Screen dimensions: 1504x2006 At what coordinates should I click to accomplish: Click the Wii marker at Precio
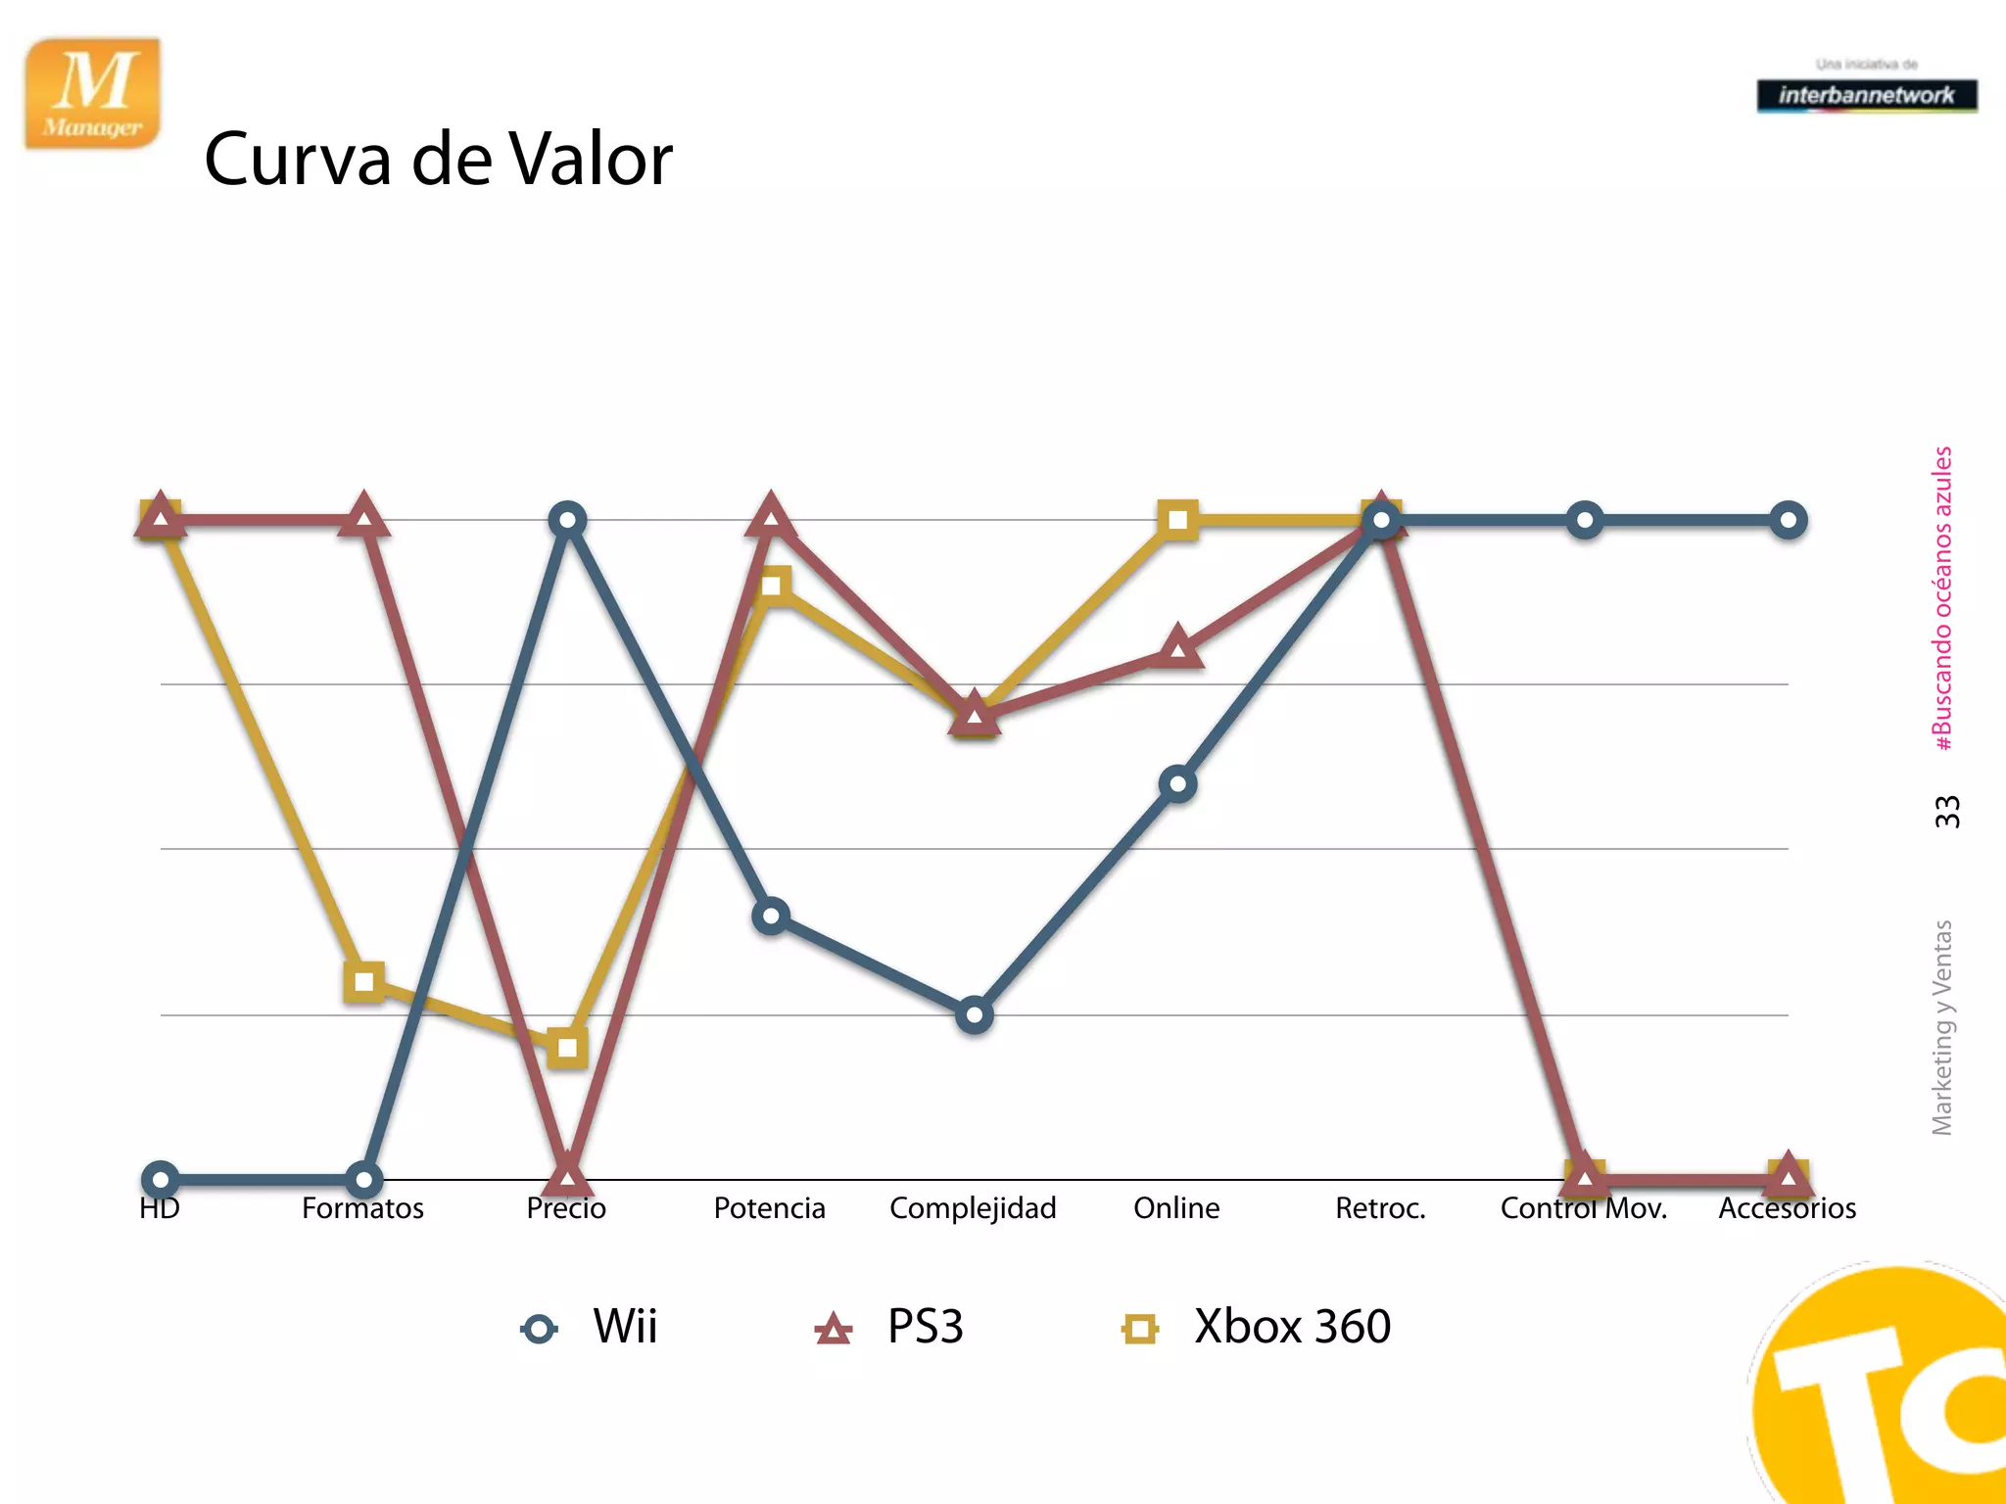click(x=568, y=520)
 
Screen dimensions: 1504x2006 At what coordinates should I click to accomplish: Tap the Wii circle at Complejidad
click(x=974, y=1015)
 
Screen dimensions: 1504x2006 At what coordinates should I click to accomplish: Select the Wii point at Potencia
click(x=771, y=916)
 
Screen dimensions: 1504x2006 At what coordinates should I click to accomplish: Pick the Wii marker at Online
click(x=1177, y=784)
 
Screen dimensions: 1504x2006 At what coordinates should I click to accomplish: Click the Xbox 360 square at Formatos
click(x=364, y=981)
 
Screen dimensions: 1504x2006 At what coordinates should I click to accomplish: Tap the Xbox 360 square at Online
click(x=1177, y=520)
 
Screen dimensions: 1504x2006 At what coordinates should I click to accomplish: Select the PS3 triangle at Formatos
click(x=363, y=516)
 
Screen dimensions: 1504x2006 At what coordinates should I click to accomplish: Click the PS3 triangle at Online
click(x=1177, y=649)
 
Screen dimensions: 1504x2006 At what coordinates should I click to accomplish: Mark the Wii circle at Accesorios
click(x=1788, y=520)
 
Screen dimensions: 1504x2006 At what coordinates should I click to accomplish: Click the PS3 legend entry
click(x=889, y=1328)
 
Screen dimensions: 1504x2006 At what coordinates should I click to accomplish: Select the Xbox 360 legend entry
click(x=1257, y=1328)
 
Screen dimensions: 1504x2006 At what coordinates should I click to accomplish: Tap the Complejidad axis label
click(x=973, y=1208)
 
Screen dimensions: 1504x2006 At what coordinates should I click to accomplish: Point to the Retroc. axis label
click(x=1380, y=1208)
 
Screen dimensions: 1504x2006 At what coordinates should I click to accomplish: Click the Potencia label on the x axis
click(x=769, y=1208)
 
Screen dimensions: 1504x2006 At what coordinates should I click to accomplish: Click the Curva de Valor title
click(x=438, y=159)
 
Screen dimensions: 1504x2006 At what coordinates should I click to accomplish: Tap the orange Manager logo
click(x=93, y=94)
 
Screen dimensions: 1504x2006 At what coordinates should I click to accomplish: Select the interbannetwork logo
click(x=1866, y=95)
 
